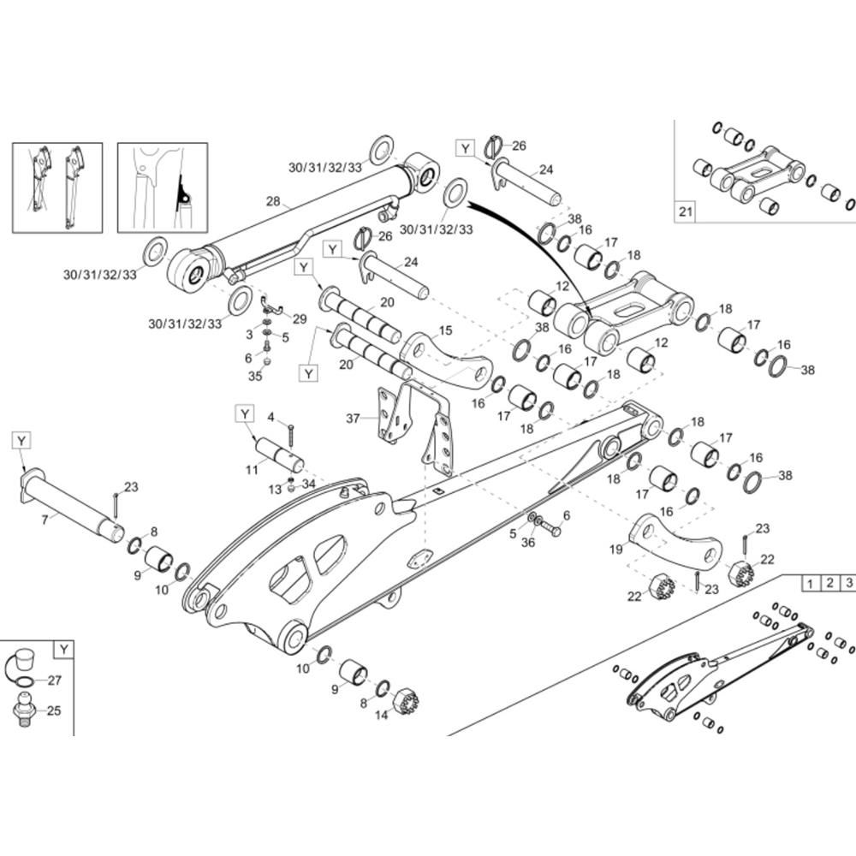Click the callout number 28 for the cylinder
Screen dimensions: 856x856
tap(273, 202)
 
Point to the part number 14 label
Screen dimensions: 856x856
tap(382, 716)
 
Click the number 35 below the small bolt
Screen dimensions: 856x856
tap(254, 375)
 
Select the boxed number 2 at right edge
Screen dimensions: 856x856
tap(829, 584)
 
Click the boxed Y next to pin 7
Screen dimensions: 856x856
tap(21, 440)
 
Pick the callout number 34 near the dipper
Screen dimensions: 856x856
tap(309, 484)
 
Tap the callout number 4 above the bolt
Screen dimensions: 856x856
tap(271, 417)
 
